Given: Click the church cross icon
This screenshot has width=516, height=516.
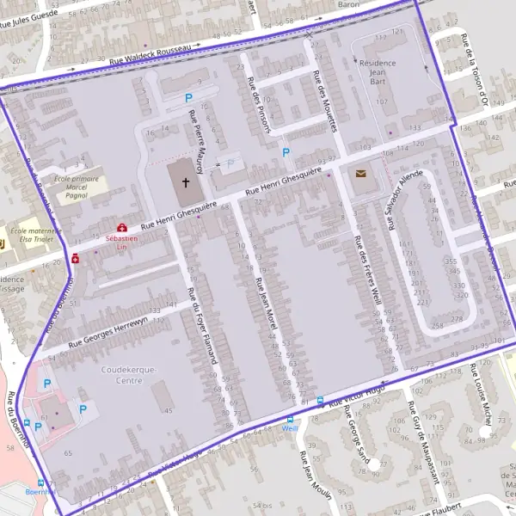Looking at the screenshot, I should (185, 182).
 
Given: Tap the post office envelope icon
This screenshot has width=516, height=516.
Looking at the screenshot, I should (359, 174).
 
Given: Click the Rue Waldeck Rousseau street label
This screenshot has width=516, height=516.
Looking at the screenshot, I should (161, 53).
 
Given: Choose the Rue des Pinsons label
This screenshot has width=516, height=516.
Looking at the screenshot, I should (261, 106).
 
